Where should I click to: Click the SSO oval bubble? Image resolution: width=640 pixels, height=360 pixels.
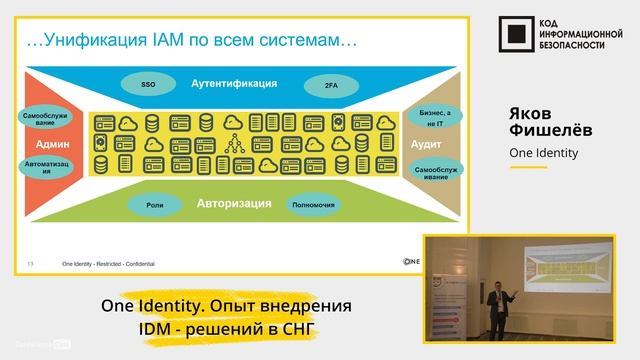[x=147, y=86]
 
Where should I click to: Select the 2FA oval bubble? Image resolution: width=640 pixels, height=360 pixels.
[x=330, y=86]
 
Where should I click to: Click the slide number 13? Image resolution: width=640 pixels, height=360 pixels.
[x=31, y=263]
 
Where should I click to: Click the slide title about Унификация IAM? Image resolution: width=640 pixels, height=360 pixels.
[x=190, y=42]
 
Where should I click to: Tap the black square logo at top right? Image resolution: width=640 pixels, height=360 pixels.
[x=514, y=35]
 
